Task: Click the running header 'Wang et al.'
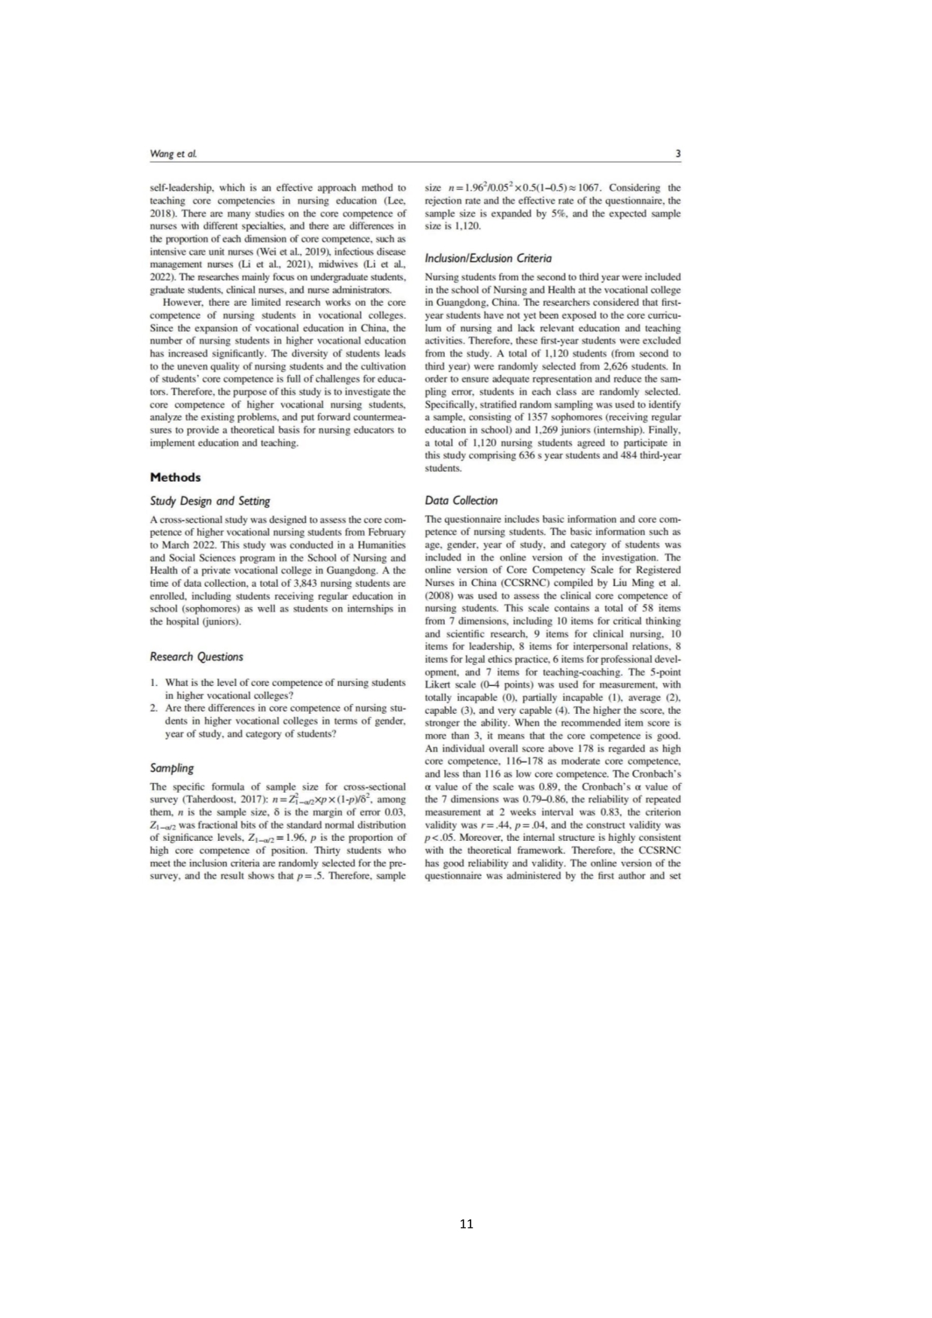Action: pyautogui.click(x=173, y=154)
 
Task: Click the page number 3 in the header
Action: pyautogui.click(x=678, y=154)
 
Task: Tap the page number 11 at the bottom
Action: pyautogui.click(x=466, y=1223)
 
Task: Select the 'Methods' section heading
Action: pyautogui.click(x=175, y=477)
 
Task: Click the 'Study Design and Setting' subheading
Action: pyautogui.click(x=210, y=501)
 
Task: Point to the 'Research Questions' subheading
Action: pyautogui.click(x=196, y=657)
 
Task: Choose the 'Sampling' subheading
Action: pyautogui.click(x=171, y=768)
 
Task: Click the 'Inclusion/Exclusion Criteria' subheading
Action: pyautogui.click(x=488, y=258)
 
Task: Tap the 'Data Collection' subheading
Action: pyautogui.click(x=461, y=500)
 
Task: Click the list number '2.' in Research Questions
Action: pyautogui.click(x=153, y=708)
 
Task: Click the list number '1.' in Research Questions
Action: pyautogui.click(x=153, y=682)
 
